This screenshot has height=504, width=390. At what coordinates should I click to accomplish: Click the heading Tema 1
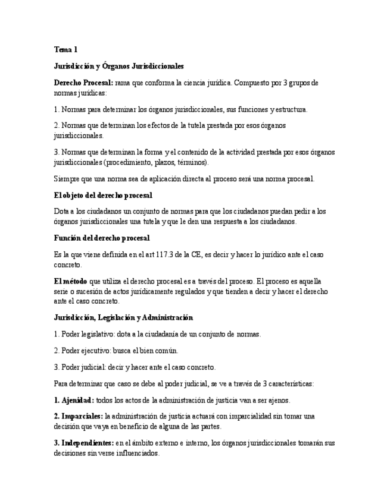(x=65, y=50)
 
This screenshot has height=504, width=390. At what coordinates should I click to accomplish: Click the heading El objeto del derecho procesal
(x=103, y=195)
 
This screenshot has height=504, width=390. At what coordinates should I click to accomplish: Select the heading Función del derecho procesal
(x=101, y=238)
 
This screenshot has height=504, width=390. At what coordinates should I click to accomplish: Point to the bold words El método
(x=70, y=281)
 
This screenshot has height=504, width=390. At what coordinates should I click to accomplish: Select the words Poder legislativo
(x=86, y=334)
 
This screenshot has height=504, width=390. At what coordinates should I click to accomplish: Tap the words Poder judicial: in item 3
(x=84, y=367)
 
